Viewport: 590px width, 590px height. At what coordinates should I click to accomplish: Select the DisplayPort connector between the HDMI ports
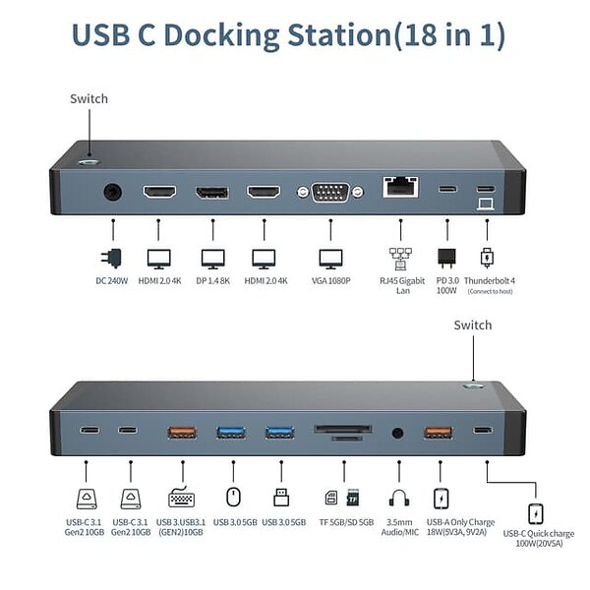211,192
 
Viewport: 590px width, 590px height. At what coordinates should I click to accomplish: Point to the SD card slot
341,430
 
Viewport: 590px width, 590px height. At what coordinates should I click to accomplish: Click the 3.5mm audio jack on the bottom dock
398,431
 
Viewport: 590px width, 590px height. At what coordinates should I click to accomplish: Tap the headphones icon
399,499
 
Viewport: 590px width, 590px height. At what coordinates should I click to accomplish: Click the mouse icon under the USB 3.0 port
233,498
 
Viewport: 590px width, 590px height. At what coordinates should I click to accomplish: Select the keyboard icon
181,498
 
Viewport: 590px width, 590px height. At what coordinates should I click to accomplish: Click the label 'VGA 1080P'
331,281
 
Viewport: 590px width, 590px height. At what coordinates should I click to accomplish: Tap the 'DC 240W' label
113,281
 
